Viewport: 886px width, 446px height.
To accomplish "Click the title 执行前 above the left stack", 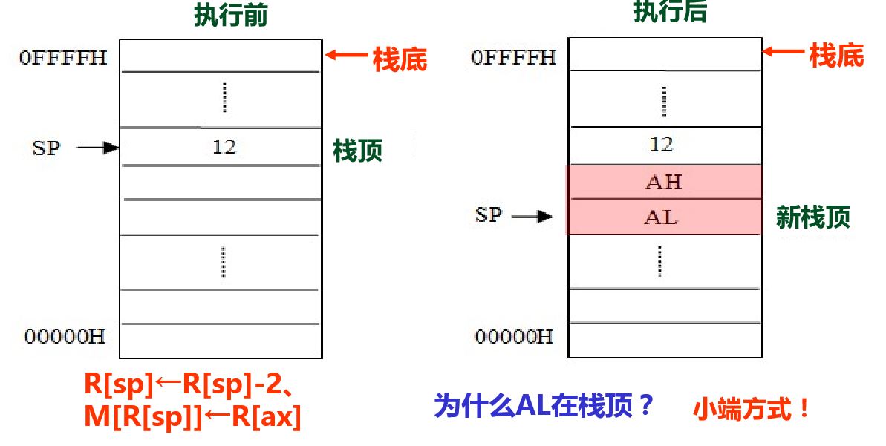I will [230, 15].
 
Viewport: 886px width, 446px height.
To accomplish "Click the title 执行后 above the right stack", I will [671, 11].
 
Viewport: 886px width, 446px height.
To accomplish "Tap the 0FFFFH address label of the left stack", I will [63, 58].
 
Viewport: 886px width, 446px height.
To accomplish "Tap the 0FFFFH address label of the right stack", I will [513, 56].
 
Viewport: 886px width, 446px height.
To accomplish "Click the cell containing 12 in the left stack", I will [221, 147].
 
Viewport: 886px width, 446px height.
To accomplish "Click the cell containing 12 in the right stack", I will [663, 144].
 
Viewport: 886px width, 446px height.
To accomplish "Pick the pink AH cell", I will [664, 182].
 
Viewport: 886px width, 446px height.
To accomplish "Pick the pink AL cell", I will [664, 217].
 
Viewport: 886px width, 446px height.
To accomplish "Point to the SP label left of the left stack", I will [46, 148].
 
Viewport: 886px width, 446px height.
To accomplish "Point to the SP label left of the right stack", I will [489, 216].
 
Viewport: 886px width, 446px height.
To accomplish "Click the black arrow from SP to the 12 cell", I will [99, 148].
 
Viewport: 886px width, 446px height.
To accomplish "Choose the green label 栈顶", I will [358, 151].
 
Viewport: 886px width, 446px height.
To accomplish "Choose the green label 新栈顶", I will [813, 217].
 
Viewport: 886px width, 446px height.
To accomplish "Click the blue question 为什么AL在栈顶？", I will [544, 406].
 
